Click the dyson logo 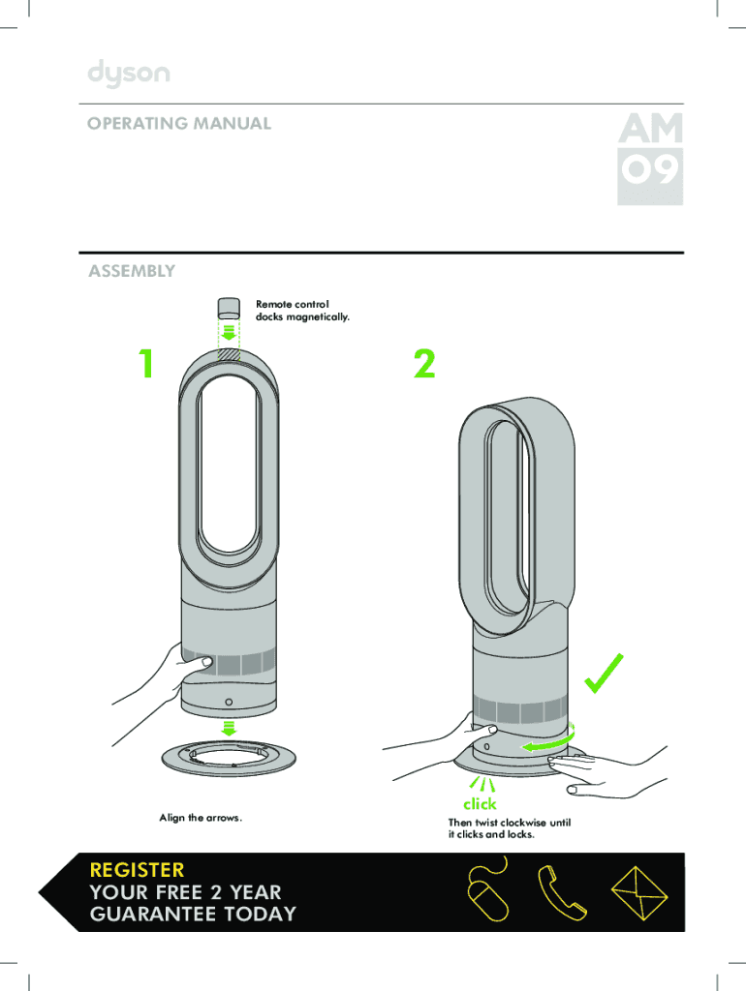click(x=129, y=74)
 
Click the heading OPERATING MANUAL click(x=179, y=124)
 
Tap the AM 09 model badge click(x=650, y=159)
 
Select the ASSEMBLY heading click(x=132, y=271)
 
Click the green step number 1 click(x=144, y=365)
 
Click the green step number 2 click(x=424, y=365)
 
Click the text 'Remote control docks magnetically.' click(x=302, y=311)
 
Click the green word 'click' click(x=480, y=803)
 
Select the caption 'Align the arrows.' click(x=201, y=819)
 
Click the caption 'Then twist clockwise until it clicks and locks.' click(x=509, y=827)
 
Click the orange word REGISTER click(x=136, y=870)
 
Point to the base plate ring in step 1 click(x=230, y=760)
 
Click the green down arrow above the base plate click(x=230, y=728)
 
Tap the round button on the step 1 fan click(x=229, y=702)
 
